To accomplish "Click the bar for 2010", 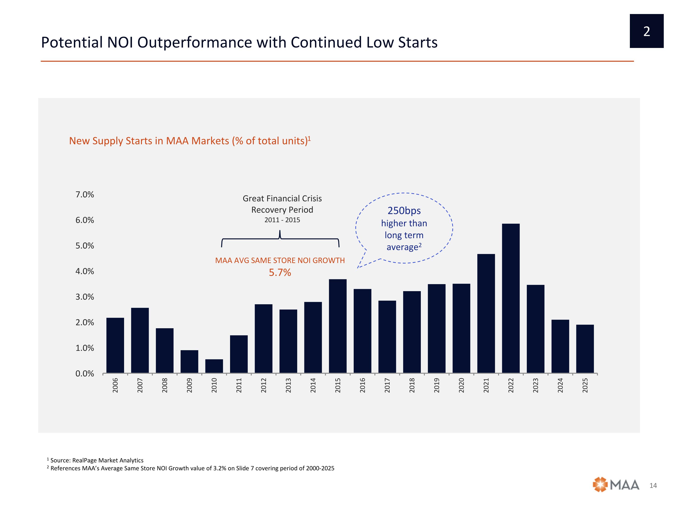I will click(214, 366).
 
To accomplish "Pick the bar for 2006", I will click(115, 345).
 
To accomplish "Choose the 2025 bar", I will click(585, 349).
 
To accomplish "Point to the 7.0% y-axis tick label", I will click(85, 195).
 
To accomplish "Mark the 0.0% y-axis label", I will click(85, 374).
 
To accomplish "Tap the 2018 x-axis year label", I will click(412, 385).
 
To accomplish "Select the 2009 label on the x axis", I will click(189, 385).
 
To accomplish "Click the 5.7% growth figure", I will click(280, 272).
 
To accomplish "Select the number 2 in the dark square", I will click(647, 31).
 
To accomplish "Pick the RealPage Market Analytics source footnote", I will click(97, 460).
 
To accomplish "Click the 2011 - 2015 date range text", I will click(282, 220).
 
